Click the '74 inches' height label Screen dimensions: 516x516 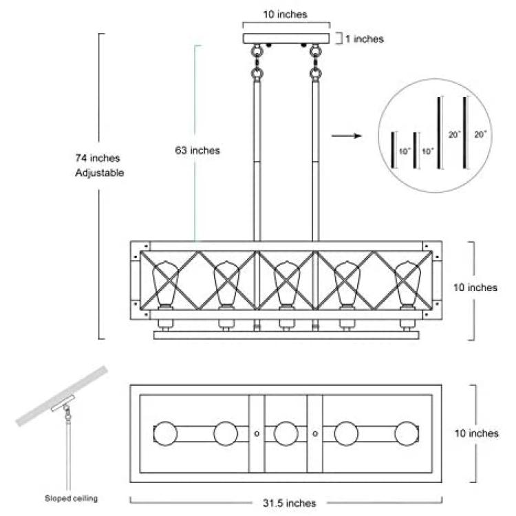point(98,158)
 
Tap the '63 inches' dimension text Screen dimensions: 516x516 point(197,151)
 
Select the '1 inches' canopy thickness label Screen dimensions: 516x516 point(365,39)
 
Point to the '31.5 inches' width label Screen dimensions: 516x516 point(290,503)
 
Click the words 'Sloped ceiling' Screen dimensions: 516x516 point(72,498)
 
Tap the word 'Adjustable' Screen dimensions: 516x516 point(99,173)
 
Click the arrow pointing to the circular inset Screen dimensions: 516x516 point(347,136)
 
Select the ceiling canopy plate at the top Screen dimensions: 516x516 point(286,39)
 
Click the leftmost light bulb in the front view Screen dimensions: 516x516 point(165,284)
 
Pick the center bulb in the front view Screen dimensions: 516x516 point(287,284)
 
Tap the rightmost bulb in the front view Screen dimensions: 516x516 point(407,284)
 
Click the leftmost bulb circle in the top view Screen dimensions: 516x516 point(166,433)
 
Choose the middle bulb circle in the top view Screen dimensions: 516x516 point(286,433)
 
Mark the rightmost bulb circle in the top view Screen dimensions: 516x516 point(407,433)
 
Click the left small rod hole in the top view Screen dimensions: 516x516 point(257,433)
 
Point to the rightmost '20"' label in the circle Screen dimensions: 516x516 point(480,134)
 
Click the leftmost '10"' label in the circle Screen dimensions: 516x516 point(405,151)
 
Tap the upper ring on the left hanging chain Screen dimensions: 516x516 point(257,51)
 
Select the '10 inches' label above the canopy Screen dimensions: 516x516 point(285,14)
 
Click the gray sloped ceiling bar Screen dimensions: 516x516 point(62,396)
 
